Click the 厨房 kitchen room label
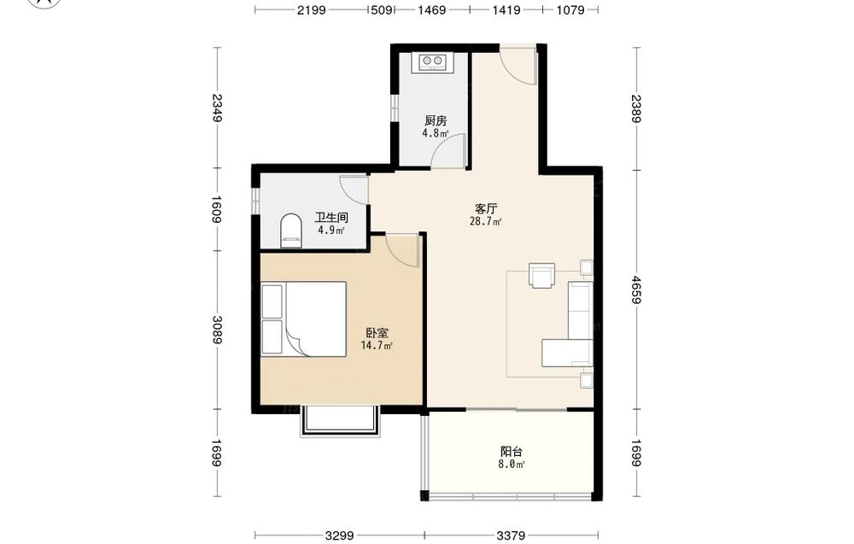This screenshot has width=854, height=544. click(436, 121)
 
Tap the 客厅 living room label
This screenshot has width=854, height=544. click(486, 208)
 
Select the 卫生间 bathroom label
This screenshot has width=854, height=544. click(331, 218)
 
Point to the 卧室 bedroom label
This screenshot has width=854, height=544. click(377, 333)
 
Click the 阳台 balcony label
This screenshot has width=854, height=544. click(512, 452)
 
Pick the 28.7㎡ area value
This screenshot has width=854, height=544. click(485, 221)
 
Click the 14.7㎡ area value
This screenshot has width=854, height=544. click(377, 345)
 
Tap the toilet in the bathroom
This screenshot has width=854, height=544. click(291, 231)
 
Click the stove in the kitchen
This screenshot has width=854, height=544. click(434, 62)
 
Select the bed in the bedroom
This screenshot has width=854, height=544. click(304, 319)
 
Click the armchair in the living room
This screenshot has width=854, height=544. click(542, 275)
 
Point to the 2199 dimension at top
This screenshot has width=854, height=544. click(312, 9)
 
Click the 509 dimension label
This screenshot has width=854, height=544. click(381, 9)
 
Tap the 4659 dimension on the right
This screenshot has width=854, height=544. click(636, 290)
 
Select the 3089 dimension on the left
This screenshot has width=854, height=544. click(217, 330)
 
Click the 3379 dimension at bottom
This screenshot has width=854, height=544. click(511, 535)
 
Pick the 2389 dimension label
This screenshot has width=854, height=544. click(636, 109)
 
